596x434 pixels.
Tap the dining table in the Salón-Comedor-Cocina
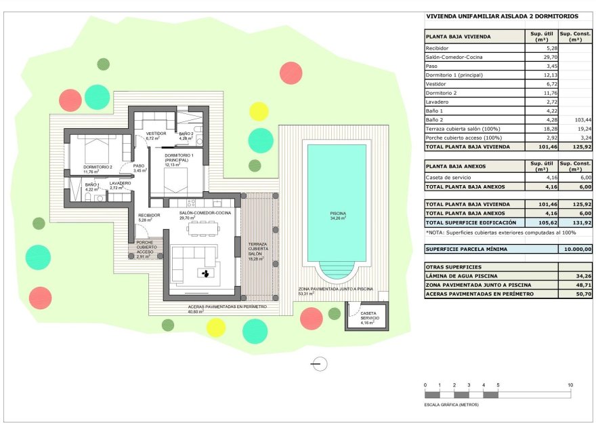tap(203, 228)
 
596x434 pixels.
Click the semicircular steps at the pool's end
tap(337, 273)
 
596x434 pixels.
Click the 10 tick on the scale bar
tap(570, 385)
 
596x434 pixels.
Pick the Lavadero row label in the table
tap(437, 101)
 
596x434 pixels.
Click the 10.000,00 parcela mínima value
tap(576, 249)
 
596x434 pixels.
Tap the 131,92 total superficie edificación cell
tap(581, 222)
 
